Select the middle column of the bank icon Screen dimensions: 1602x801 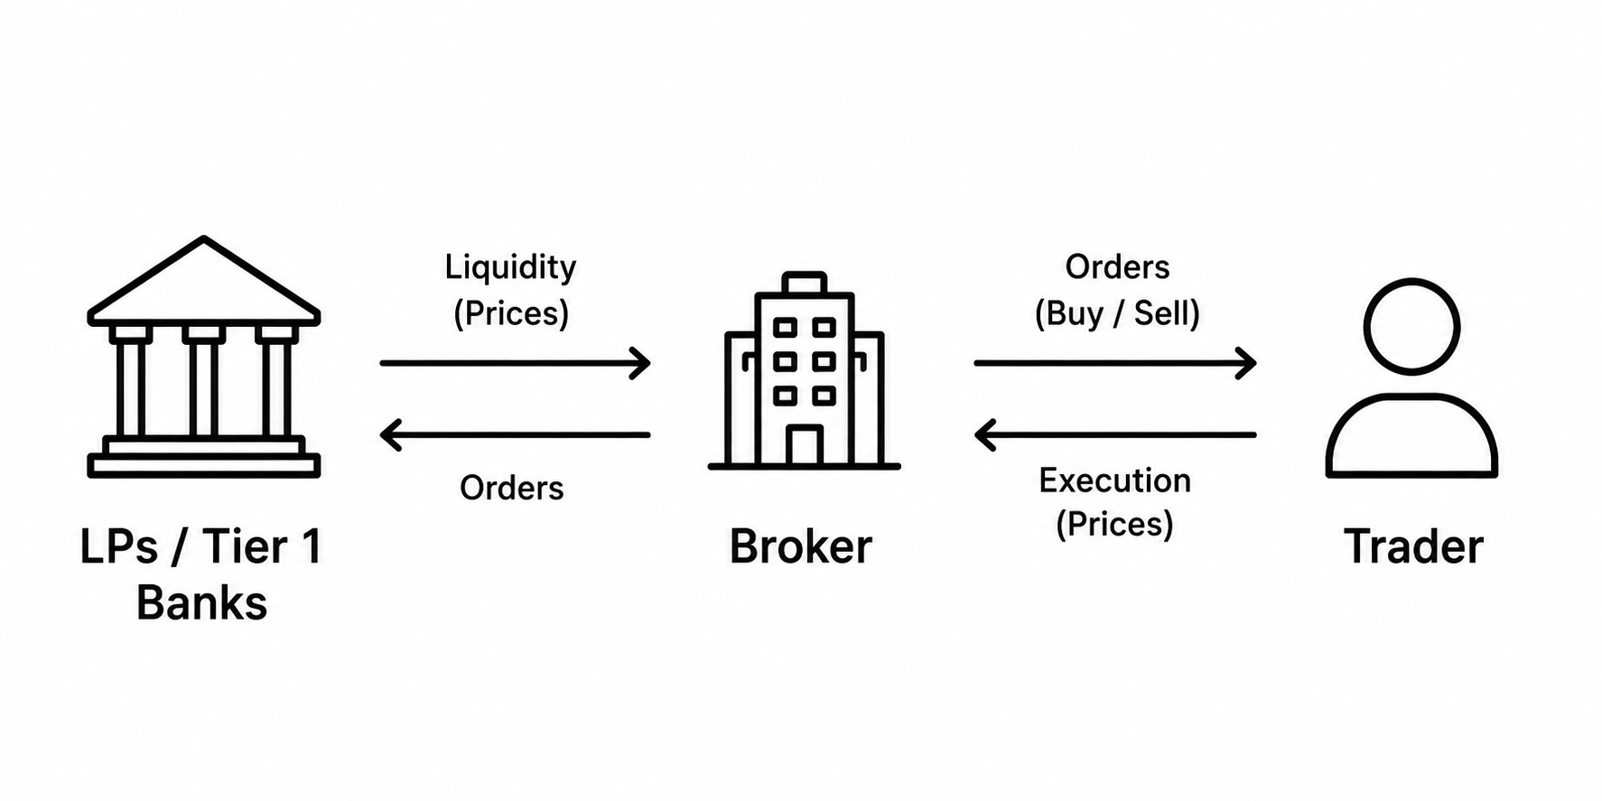click(x=203, y=383)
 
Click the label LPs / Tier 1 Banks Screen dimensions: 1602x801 click(x=201, y=574)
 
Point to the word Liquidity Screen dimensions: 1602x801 click(x=510, y=267)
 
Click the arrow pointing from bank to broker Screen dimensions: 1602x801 click(x=515, y=363)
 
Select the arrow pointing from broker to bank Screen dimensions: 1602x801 click(x=515, y=435)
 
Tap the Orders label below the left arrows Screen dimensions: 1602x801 click(x=512, y=489)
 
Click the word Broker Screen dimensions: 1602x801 click(x=801, y=546)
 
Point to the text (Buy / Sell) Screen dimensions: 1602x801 click(x=1117, y=313)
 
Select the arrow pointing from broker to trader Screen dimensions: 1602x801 click(x=1115, y=363)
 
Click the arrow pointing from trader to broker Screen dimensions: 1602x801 click(x=1115, y=435)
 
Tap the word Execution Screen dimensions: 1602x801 click(x=1115, y=480)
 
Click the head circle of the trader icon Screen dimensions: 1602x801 click(x=1411, y=282)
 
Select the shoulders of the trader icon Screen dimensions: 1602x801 click(x=1411, y=397)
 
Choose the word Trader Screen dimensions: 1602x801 click(x=1414, y=546)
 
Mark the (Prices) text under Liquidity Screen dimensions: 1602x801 click(x=511, y=313)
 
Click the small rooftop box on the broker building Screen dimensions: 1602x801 click(x=804, y=283)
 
